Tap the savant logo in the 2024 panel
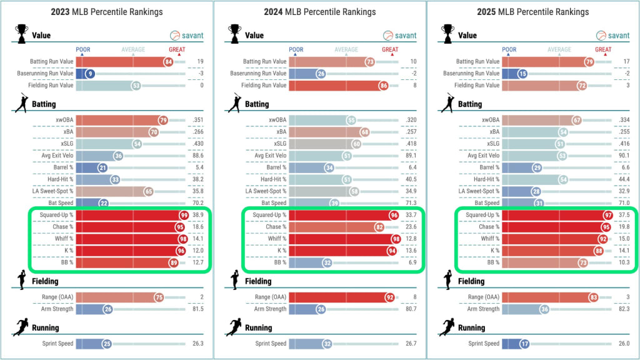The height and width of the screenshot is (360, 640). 401,36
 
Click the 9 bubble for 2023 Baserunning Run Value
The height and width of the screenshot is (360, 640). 90,73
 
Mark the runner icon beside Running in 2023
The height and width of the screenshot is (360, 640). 21,327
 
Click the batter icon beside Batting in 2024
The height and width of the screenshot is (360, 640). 235,103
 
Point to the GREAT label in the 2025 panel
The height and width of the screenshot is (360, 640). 603,50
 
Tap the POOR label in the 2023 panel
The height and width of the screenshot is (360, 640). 83,50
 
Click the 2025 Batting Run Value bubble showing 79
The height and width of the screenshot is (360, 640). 588,61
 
